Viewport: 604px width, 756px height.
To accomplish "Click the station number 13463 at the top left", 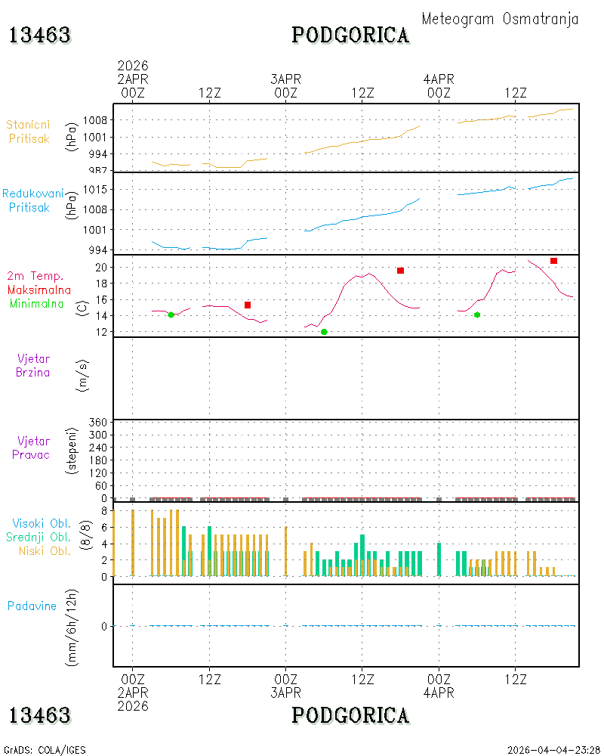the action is pos(40,36).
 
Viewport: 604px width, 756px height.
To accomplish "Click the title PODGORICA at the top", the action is pos(350,36).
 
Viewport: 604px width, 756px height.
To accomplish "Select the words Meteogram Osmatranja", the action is pos(500,19).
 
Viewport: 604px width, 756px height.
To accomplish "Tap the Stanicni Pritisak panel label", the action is pos(29,132).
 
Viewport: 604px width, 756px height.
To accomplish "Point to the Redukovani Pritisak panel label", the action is pos(32,200).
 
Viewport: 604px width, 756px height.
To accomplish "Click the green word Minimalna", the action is pos(36,304).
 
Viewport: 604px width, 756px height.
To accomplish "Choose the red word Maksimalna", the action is pos(39,290).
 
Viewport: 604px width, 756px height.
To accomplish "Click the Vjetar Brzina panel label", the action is pos(32,365).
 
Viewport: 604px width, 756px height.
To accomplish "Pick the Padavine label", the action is pos(32,606).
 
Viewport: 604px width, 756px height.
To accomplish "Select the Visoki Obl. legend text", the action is pos(42,523).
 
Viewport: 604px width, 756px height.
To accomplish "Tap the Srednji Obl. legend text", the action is pos(39,537).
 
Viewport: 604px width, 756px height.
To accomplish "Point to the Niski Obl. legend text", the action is pos(45,550).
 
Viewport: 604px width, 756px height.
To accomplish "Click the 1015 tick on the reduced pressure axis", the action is pos(95,190).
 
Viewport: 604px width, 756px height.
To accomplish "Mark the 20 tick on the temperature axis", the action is pos(101,267).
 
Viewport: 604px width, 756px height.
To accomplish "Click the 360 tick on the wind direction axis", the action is pos(98,423).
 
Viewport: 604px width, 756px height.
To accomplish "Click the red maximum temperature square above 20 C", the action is pos(554,261).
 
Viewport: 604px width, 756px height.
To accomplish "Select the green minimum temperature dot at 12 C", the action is pos(324,332).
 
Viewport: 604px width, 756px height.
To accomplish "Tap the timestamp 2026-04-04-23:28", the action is pos(553,750).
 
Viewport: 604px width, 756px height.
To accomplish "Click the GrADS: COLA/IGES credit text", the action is pos(45,750).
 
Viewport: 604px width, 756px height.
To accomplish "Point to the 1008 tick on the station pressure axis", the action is pos(95,120).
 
